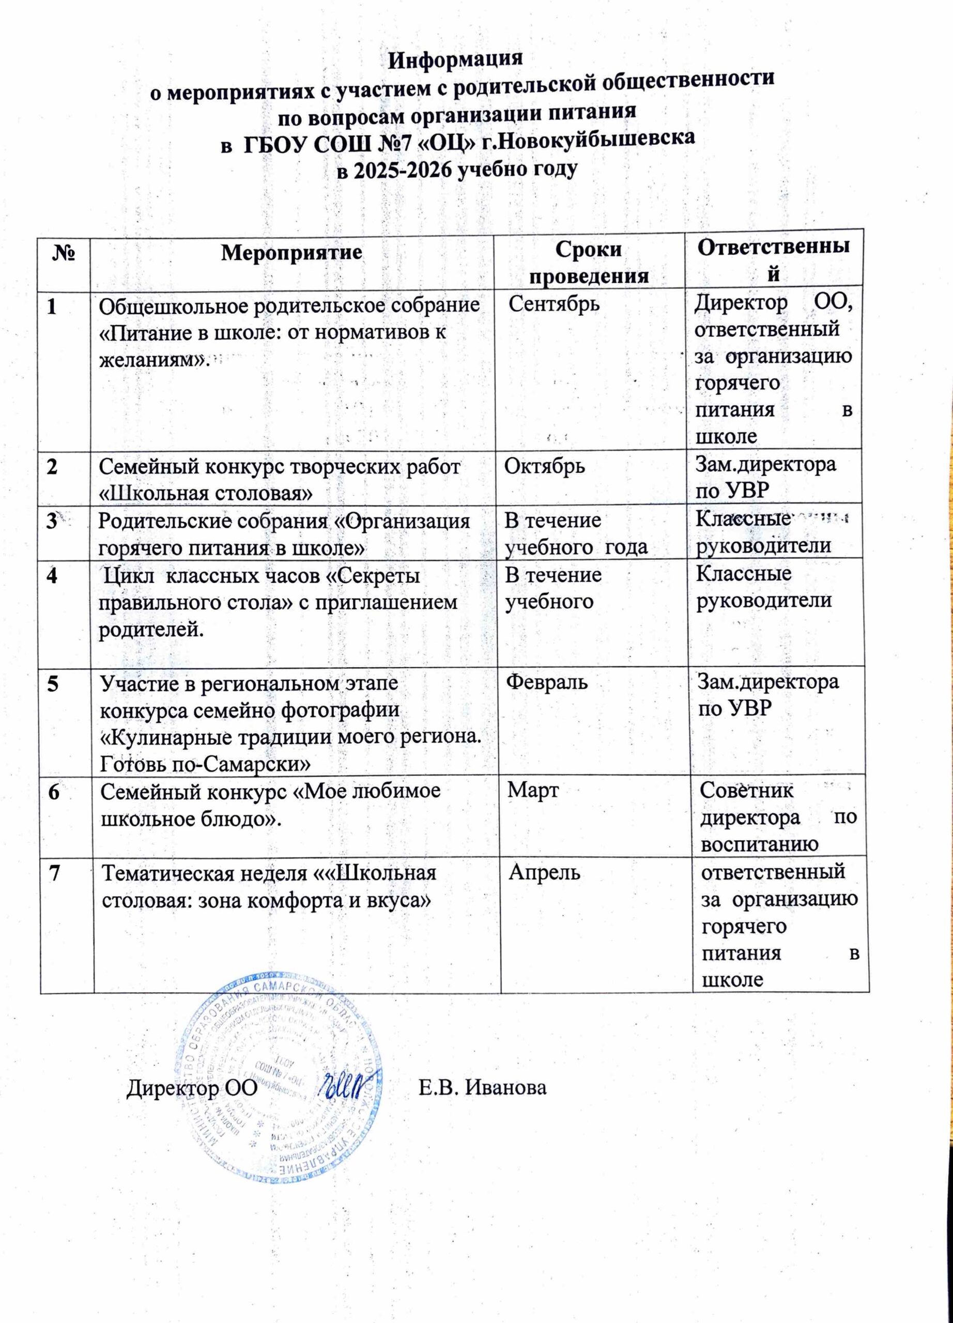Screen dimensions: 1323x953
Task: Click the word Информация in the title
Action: point(455,60)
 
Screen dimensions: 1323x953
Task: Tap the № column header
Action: point(63,253)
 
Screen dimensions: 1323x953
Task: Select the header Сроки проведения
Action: point(589,263)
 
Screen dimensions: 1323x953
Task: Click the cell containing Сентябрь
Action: point(555,304)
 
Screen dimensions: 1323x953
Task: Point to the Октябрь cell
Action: point(545,466)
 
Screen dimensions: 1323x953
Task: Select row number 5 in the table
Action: point(53,684)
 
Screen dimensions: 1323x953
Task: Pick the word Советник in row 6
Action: point(747,791)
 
